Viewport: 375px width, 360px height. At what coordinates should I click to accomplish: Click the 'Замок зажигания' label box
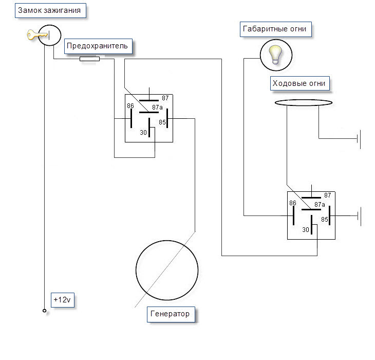(50, 10)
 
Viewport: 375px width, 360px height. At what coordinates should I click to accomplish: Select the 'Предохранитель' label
(98, 46)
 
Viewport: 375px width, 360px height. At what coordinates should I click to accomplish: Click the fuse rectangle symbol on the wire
(89, 59)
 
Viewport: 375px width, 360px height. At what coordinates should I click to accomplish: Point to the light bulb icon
(275, 55)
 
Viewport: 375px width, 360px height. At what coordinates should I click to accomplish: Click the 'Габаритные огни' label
(276, 29)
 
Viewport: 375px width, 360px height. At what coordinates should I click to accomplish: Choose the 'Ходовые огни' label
(300, 83)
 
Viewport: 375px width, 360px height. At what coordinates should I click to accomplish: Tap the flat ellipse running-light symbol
(304, 103)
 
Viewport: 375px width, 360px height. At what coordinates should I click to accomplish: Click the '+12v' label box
(63, 300)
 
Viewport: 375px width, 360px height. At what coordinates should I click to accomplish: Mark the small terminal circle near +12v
(45, 311)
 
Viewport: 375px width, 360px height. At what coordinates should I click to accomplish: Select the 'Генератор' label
(171, 314)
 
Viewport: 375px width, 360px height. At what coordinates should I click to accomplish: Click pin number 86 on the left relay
(130, 106)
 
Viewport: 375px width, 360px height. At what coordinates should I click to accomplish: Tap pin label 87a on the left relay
(157, 107)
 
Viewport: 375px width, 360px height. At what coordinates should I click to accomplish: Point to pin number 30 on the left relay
(143, 133)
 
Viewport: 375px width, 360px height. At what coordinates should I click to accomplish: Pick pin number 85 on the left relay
(162, 122)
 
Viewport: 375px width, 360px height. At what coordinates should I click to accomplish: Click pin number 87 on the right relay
(327, 195)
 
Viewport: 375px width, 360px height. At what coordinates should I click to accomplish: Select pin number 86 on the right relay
(292, 203)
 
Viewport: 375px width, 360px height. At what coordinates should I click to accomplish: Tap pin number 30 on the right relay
(306, 230)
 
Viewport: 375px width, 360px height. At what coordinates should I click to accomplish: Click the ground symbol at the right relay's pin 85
(359, 216)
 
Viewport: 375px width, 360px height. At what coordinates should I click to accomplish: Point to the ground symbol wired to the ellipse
(359, 139)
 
